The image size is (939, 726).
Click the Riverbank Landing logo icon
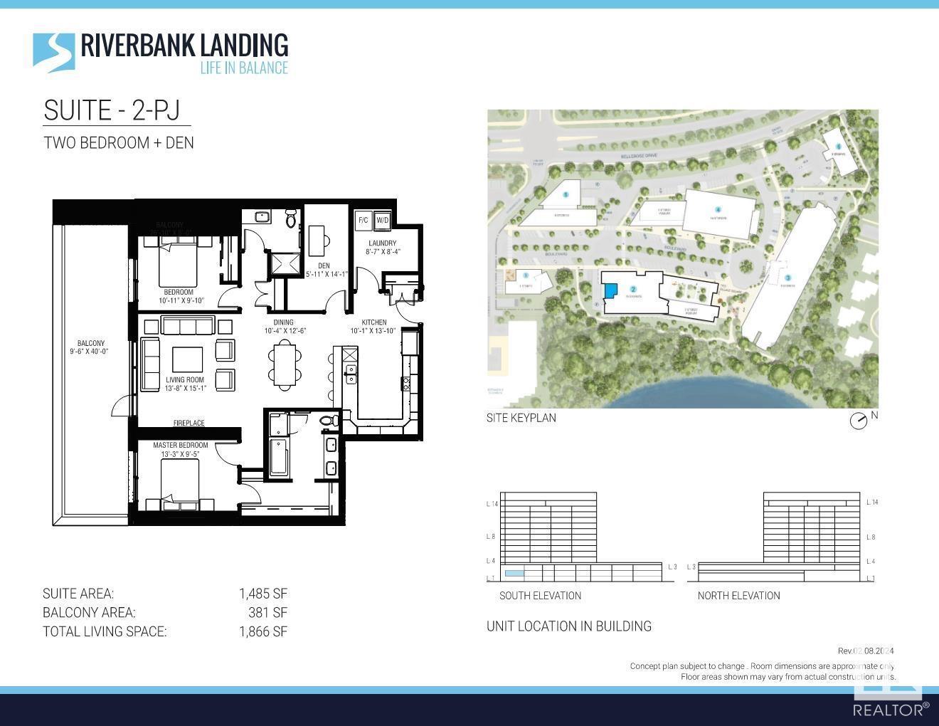point(54,53)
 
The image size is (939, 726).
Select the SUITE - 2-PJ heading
point(112,111)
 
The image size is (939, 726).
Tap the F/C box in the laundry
point(363,220)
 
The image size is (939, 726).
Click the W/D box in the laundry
point(382,220)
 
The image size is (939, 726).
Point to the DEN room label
point(324,266)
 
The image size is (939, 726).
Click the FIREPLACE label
point(189,423)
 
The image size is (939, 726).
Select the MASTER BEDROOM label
point(181,446)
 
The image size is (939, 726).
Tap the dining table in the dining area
point(285,364)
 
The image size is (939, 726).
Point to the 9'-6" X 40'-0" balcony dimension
point(89,352)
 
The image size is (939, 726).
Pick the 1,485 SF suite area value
point(262,594)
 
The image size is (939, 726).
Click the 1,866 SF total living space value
point(262,631)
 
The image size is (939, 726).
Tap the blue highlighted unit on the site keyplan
point(610,290)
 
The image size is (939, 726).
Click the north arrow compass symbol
point(859,421)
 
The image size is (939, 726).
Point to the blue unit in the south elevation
point(514,573)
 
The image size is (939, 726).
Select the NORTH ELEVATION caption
point(738,596)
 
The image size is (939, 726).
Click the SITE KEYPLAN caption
point(521,418)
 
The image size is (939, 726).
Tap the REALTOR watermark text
point(890,710)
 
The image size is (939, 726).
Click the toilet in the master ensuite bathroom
point(327,421)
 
